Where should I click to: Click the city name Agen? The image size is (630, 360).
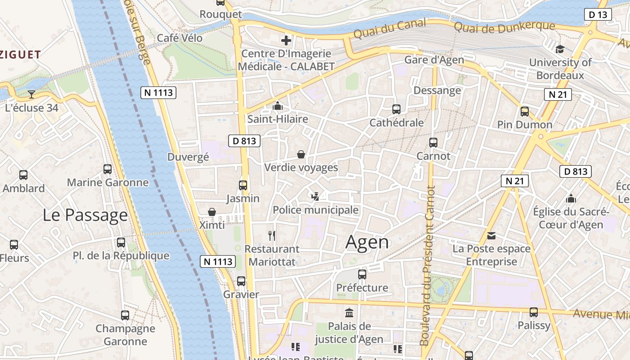point(367,243)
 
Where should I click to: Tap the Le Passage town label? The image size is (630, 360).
point(85,215)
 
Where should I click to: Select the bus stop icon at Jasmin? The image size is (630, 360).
point(243,185)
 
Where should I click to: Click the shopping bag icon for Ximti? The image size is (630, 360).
point(212,211)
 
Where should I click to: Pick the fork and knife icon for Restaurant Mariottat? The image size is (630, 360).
point(272,235)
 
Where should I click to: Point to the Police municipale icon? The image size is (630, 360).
point(315,196)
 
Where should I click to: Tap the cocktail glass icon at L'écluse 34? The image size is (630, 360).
point(31,94)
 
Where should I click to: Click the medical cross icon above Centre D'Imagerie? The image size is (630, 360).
point(286,40)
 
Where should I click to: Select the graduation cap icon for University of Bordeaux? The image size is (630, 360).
point(560,49)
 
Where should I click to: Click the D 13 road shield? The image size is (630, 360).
point(598,14)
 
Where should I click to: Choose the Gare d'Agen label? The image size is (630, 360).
point(434,60)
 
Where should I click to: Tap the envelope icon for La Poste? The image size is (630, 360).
point(491,235)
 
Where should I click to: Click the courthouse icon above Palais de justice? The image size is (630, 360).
point(349,312)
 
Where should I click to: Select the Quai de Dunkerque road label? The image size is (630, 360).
point(504,27)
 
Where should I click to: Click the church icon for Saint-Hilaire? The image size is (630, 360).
point(278,106)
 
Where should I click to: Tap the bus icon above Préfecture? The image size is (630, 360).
point(362,274)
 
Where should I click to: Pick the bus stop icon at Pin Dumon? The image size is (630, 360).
point(525,111)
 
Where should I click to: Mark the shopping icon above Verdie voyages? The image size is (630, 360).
point(301,154)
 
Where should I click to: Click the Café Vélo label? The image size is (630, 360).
point(180,38)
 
